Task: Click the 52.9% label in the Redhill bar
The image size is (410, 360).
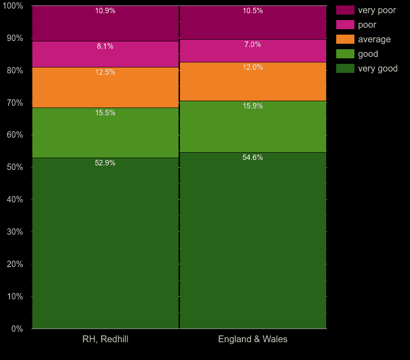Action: (x=105, y=163)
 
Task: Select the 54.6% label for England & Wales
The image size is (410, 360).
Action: (x=253, y=158)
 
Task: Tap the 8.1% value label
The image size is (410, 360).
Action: (x=105, y=46)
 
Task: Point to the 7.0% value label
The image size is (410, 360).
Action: (x=253, y=44)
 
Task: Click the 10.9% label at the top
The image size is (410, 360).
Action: (x=105, y=11)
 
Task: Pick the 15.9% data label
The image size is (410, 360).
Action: (x=253, y=106)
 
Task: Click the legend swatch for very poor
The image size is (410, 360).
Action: (x=345, y=10)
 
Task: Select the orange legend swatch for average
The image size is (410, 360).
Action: (x=345, y=39)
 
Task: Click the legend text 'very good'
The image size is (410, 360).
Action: (x=378, y=68)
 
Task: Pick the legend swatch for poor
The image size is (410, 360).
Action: (x=345, y=25)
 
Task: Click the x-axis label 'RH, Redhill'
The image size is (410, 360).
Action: (x=105, y=339)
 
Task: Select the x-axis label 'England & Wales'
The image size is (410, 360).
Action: (x=253, y=339)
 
